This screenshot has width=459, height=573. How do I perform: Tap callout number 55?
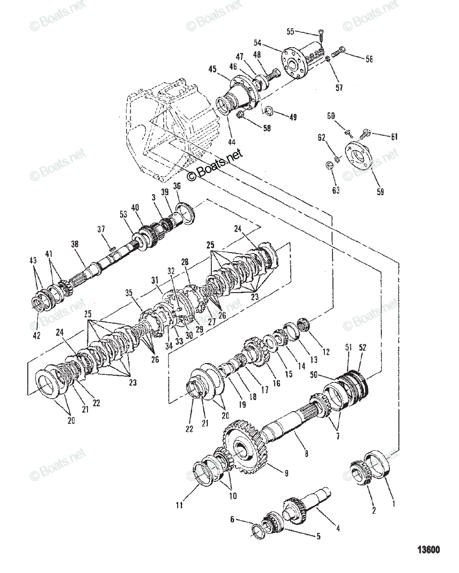pyautogui.click(x=290, y=32)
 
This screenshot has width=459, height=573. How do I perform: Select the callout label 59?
pyautogui.click(x=380, y=191)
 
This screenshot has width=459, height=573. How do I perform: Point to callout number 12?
pyautogui.click(x=326, y=351)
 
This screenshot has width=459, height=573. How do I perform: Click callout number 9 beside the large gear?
pyautogui.click(x=286, y=473)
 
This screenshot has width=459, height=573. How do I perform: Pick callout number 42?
pyautogui.click(x=36, y=335)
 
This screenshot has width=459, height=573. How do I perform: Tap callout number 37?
pyautogui.click(x=101, y=229)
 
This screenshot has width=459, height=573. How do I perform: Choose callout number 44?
pyautogui.click(x=232, y=142)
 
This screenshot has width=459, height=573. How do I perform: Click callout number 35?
pyautogui.click(x=129, y=293)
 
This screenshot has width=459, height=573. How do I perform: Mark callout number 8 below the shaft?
pyautogui.click(x=306, y=453)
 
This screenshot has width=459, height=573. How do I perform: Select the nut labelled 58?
pyautogui.click(x=240, y=115)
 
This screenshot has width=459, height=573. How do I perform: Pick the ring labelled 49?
pyautogui.click(x=270, y=110)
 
